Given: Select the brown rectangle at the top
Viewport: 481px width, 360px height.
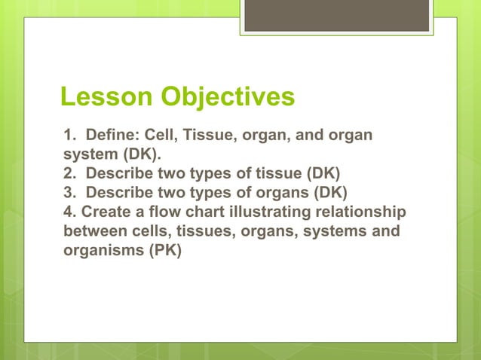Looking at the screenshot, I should click(x=339, y=15).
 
